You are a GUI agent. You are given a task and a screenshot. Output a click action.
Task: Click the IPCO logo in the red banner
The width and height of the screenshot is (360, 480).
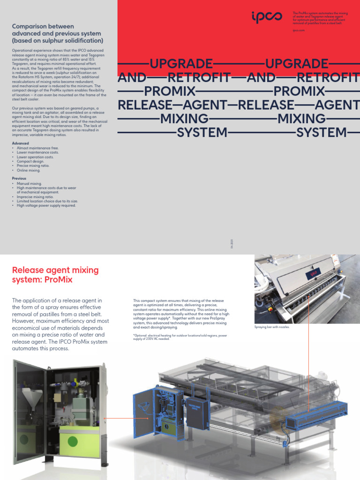267,18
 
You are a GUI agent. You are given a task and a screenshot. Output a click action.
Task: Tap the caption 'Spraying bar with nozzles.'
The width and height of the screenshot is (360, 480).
272,327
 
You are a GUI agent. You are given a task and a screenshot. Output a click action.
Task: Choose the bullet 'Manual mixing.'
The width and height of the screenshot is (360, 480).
29,183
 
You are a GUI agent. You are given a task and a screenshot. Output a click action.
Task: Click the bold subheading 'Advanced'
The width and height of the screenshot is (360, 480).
20,143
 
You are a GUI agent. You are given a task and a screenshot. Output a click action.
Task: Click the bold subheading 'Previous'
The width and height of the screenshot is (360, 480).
19,179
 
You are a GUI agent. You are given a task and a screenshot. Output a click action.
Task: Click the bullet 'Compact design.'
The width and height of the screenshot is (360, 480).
30,162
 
